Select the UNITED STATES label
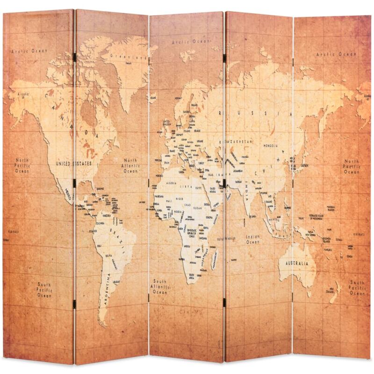[x=73, y=164]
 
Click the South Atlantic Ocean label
[x=159, y=287]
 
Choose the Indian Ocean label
[x=253, y=240]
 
